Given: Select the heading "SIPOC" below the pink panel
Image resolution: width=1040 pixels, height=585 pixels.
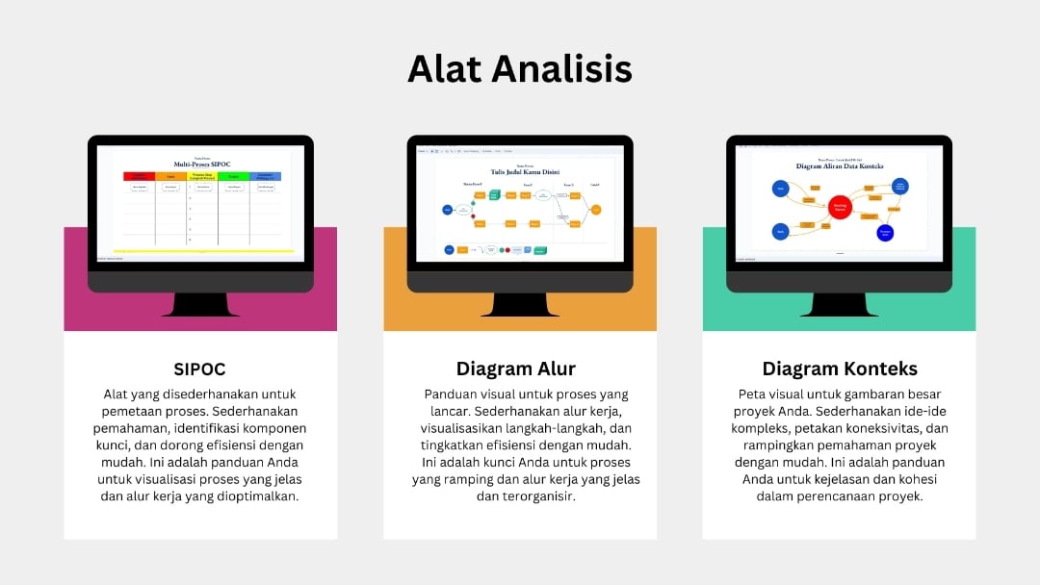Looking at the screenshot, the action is [200, 369].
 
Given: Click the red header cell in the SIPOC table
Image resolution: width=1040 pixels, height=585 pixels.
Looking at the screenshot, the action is [140, 176].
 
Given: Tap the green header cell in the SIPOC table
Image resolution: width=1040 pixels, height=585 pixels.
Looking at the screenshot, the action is [234, 176].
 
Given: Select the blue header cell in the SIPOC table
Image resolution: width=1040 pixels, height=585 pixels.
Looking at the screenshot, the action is [266, 176].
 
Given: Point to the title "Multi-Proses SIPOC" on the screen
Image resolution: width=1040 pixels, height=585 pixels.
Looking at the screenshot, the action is [202, 165].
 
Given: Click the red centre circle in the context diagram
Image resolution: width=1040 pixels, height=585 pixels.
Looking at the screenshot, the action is [841, 206].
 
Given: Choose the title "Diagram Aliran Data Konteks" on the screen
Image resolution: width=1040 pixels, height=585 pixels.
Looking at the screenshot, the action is [840, 166].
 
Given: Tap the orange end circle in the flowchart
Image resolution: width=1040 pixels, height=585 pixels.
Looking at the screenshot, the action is [596, 209].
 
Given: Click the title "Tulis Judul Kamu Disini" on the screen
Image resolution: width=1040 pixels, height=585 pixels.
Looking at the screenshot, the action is [525, 172].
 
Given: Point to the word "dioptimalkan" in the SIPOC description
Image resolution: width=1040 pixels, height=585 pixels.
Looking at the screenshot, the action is [260, 496].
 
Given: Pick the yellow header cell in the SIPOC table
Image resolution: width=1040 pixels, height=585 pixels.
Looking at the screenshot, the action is [202, 176].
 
